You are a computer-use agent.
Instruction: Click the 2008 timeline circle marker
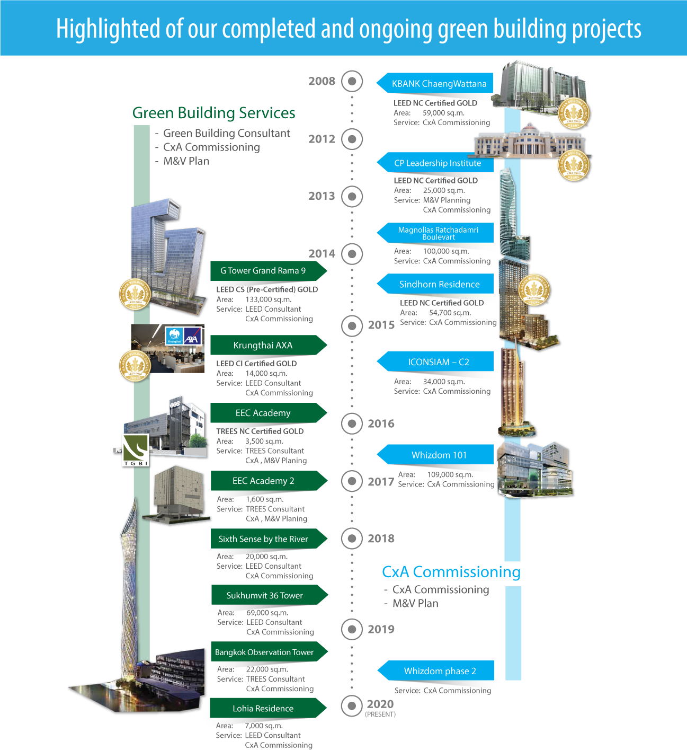point(352,81)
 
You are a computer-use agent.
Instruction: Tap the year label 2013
point(322,196)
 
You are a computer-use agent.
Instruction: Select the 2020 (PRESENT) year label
point(380,707)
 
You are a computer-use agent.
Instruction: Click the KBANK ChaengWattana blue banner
point(439,84)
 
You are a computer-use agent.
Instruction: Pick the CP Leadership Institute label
point(438,163)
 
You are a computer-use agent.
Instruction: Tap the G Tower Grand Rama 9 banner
point(263,271)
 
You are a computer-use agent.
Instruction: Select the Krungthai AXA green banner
point(263,345)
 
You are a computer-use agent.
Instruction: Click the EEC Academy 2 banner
point(263,481)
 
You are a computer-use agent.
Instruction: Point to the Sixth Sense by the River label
point(263,539)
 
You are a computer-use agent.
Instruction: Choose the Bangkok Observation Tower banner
point(264,652)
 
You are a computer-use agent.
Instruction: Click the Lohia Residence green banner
point(263,709)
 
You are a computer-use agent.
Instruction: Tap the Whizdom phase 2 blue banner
point(440,671)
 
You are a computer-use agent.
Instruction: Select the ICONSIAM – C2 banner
point(439,362)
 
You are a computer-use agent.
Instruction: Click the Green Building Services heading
point(213,113)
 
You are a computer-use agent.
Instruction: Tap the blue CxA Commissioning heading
point(451,572)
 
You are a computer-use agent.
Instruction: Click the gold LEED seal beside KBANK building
point(574,114)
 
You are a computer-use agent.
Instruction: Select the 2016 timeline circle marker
point(352,423)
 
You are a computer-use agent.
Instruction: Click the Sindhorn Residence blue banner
point(439,285)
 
